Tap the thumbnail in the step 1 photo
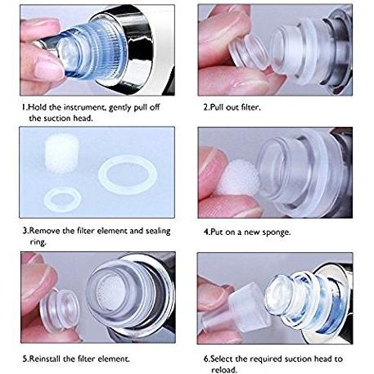[49, 70]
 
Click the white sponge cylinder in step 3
[61, 153]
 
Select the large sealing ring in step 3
[128, 174]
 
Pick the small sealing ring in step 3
[63, 200]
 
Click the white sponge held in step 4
[240, 178]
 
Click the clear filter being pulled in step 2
[247, 53]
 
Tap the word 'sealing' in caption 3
[158, 231]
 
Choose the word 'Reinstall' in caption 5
[45, 358]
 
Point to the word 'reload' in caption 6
[223, 370]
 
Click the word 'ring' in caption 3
[38, 242]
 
